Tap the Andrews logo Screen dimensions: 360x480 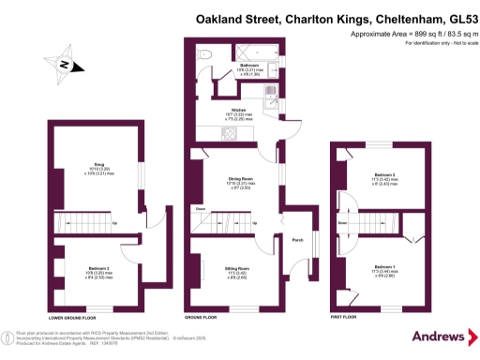[x=439, y=337]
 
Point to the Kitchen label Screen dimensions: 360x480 [x=239, y=109]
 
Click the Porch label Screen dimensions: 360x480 [x=298, y=239]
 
